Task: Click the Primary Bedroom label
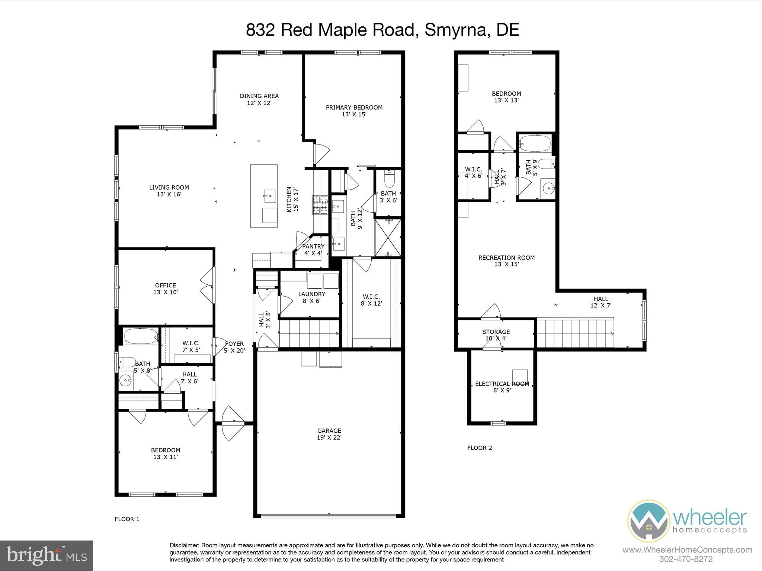(354, 111)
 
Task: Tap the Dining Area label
(259, 99)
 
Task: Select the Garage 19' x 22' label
(329, 434)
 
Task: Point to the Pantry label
(313, 250)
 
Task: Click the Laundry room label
(311, 297)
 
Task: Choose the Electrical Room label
(502, 387)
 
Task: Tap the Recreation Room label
(506, 261)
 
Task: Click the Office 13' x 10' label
(166, 289)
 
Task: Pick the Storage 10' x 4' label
(496, 335)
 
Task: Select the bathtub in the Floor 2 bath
(535, 143)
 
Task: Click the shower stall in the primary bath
(388, 238)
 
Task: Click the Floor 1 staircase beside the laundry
(309, 333)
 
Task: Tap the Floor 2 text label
(480, 448)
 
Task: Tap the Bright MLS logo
(47, 555)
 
